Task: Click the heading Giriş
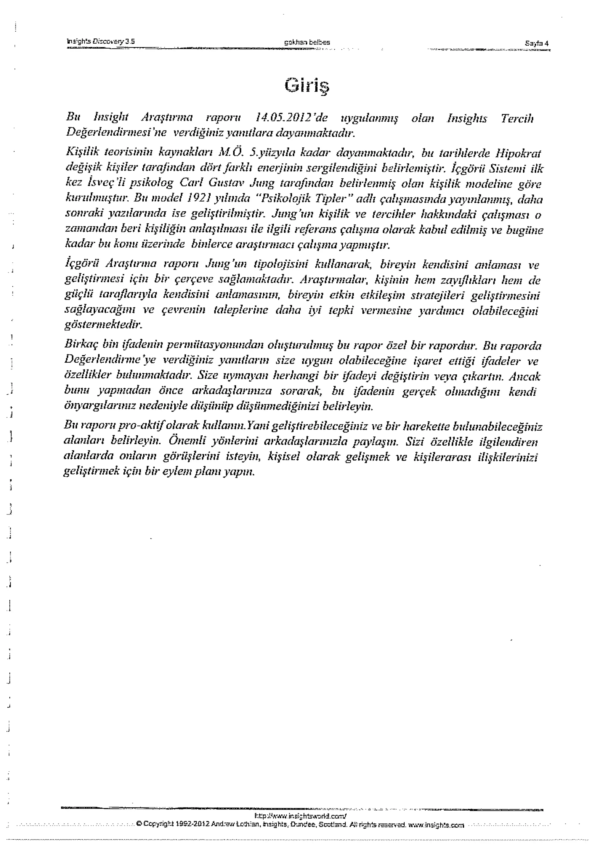click(307, 86)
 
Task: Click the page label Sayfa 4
click(537, 43)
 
